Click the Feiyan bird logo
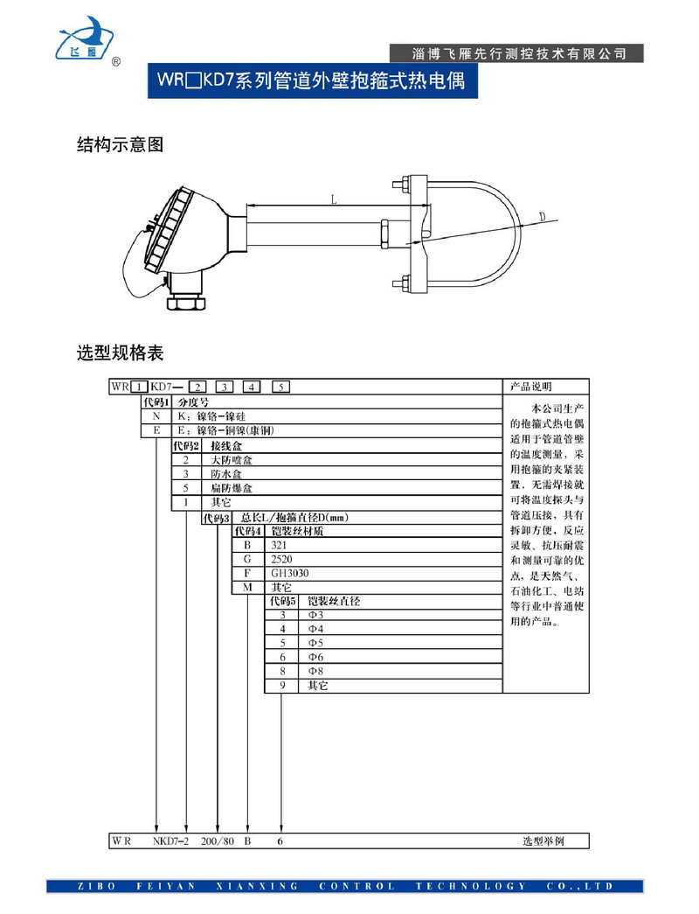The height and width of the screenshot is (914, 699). point(86,39)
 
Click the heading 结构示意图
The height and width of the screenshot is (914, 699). point(120,145)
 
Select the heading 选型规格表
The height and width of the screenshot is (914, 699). point(120,353)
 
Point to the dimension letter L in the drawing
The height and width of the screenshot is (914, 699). point(334,199)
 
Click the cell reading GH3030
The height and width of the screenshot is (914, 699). point(290,573)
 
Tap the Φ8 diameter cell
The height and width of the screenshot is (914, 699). point(316,671)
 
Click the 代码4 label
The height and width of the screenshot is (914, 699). point(248,531)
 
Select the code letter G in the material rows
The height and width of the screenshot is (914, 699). point(247,559)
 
